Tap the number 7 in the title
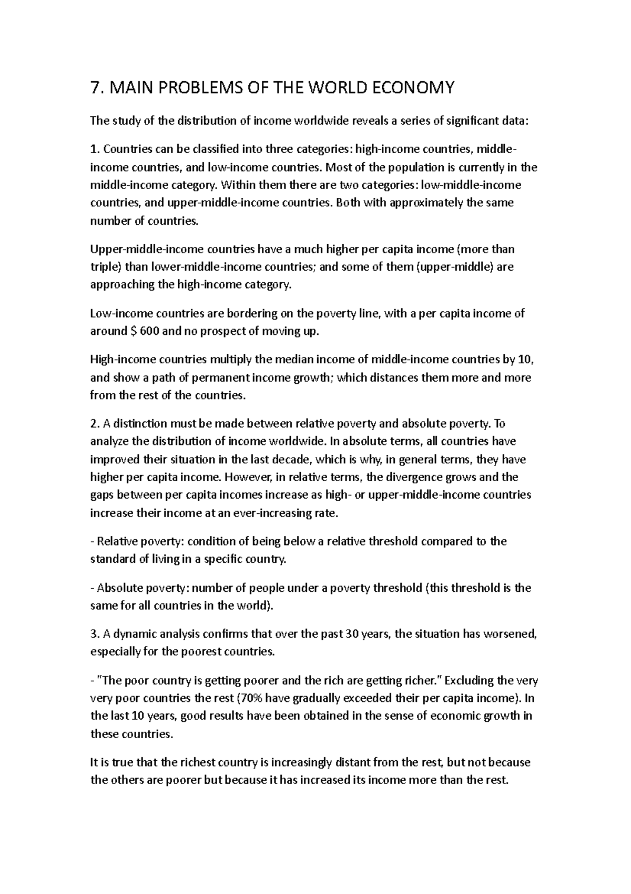point(94,87)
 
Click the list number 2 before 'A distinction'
point(94,424)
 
